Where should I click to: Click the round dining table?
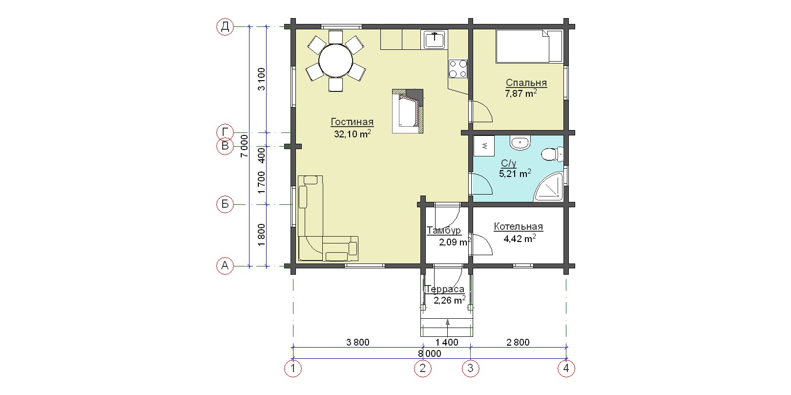pos(335,61)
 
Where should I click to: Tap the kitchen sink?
pos(435,40)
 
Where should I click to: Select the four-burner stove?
pos(458,69)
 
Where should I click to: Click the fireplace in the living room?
pos(408,111)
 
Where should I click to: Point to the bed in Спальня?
pos(529,46)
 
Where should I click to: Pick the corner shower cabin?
pos(548,187)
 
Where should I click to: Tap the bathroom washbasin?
pos(520,143)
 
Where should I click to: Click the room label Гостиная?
pos(352,122)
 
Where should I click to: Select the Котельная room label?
pos(519,227)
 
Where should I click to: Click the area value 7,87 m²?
pos(521,93)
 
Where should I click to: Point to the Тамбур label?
pos(444,231)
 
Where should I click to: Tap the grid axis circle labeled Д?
pos(225,26)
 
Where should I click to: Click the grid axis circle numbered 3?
pos(470,369)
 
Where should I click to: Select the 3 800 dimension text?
pos(358,342)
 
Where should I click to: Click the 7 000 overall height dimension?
pos(244,146)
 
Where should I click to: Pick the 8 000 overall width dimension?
pos(429,353)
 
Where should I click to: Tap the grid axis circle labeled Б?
pos(225,204)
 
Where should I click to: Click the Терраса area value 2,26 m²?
pos(450,300)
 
